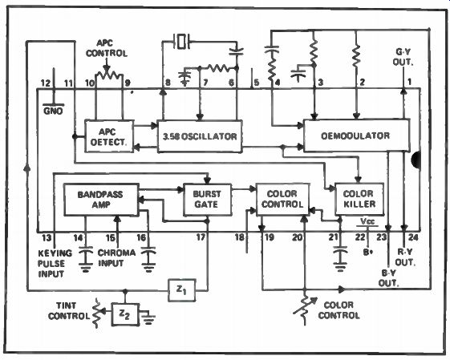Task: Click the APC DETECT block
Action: tap(109, 136)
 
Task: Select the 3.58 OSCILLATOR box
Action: tap(200, 136)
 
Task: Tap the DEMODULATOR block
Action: tap(356, 136)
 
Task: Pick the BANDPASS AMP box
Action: tap(101, 200)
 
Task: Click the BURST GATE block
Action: tap(207, 200)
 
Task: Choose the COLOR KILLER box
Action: tap(359, 199)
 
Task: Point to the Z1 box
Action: tap(182, 290)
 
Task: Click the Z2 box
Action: tap(125, 314)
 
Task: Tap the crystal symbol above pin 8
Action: tap(181, 42)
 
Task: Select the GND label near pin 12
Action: tap(53, 111)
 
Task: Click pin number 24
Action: tap(413, 237)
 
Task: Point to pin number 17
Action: tap(201, 237)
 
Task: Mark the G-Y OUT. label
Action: tap(403, 57)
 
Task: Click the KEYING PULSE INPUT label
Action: tap(55, 264)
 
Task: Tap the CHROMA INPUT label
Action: tap(116, 258)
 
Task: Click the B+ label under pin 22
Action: tap(367, 253)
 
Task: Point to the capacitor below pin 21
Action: tap(340, 257)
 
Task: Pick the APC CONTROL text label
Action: tap(107, 48)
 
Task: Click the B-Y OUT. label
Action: tap(388, 277)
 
